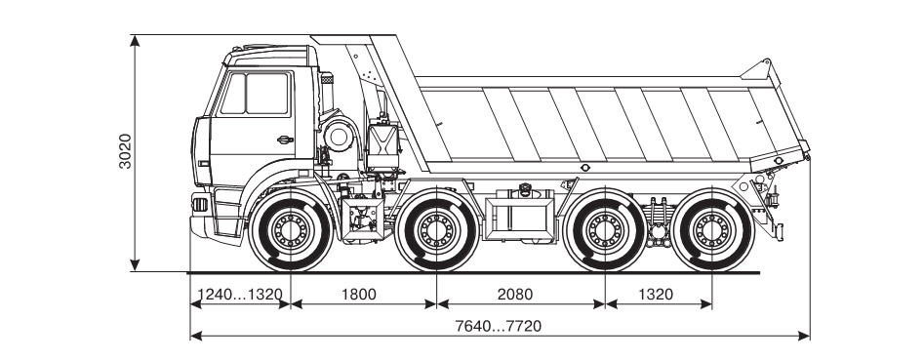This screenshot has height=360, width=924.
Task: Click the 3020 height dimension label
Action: (125, 151)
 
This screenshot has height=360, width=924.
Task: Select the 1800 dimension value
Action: (358, 294)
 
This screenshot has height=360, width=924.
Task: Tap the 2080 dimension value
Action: (515, 294)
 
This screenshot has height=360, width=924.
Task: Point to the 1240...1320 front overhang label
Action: (240, 294)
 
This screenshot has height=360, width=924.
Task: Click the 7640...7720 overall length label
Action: (499, 326)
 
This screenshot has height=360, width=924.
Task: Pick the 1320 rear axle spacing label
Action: (656, 294)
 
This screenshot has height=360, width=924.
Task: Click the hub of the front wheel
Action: (291, 230)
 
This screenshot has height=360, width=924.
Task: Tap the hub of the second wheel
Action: (437, 230)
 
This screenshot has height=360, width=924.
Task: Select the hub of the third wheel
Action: (605, 230)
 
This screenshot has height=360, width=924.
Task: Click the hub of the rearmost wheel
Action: (712, 230)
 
